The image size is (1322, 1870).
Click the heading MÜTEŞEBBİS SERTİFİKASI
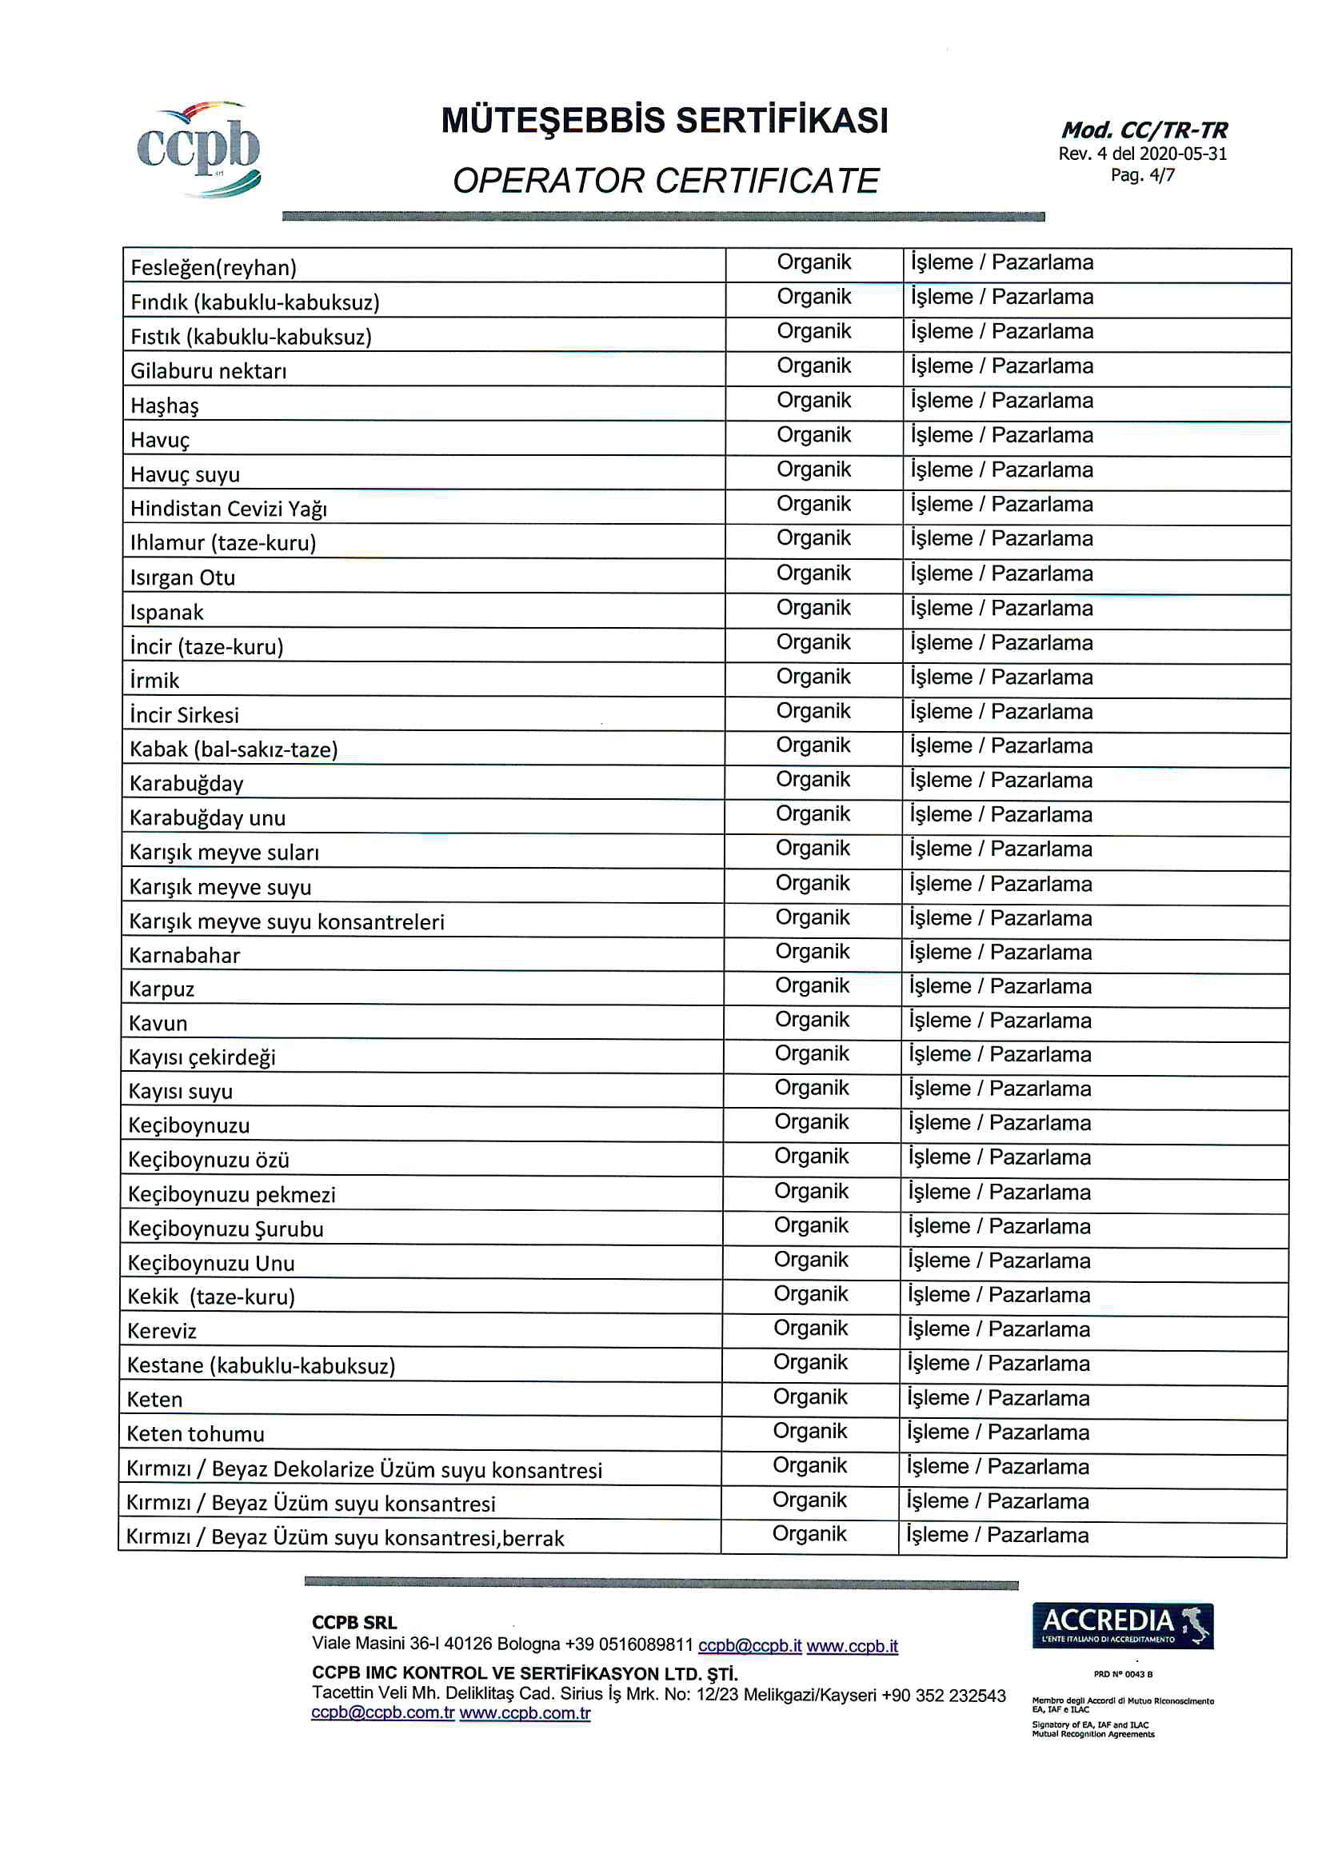coord(664,121)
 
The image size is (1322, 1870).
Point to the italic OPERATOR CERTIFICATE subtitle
coord(665,181)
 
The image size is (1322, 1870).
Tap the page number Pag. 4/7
coord(1142,175)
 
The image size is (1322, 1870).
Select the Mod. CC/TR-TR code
coord(1144,130)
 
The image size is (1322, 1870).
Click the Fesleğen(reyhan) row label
coord(214,268)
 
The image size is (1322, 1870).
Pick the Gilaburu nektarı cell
coord(209,371)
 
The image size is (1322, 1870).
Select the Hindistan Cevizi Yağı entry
coord(229,509)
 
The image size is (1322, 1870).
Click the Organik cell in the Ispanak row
coord(813,608)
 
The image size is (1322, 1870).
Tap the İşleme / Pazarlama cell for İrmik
coord(1001,677)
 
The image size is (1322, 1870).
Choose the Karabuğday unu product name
coord(208,817)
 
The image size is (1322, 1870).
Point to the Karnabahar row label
coord(185,954)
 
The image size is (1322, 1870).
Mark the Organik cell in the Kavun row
coord(811,1020)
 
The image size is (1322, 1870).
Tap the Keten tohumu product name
coord(195,1433)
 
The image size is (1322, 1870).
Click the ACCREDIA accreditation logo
coord(1121,1626)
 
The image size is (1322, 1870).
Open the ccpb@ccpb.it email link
coord(749,1645)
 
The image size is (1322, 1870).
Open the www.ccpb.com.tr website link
coord(525,1712)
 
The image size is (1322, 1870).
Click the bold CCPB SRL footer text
coord(353,1622)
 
